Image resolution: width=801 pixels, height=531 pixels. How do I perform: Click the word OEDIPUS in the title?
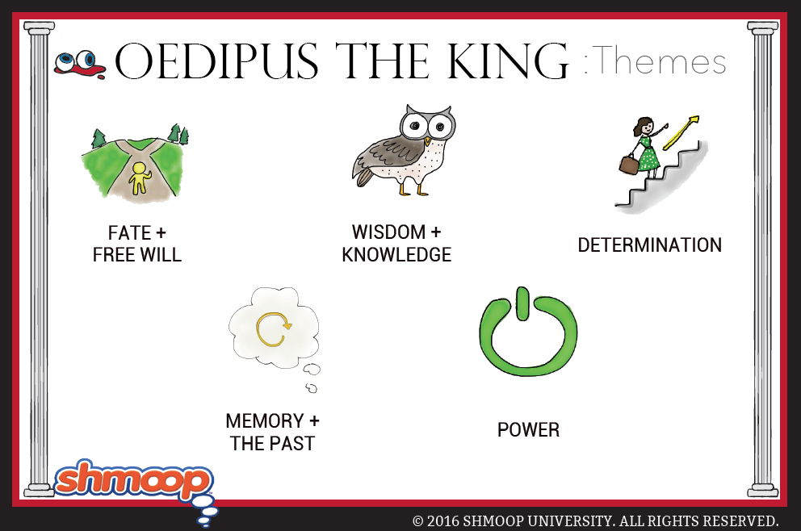(216, 61)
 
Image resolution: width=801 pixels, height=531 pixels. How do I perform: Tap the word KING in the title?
(508, 61)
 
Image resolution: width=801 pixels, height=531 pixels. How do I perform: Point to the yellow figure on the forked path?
(139, 178)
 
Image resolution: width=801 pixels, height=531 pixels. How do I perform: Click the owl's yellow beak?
(428, 141)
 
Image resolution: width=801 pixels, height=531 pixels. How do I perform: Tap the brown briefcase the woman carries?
(629, 164)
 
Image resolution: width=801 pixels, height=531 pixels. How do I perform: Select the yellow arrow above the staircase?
(681, 132)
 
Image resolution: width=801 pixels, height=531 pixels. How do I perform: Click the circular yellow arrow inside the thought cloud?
(273, 329)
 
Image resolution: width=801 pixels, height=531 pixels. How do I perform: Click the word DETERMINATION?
(650, 245)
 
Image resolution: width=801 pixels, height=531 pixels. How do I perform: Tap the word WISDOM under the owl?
(388, 232)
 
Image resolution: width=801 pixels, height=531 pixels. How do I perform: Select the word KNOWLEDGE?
(396, 254)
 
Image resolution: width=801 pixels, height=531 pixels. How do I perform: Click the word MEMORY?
(265, 421)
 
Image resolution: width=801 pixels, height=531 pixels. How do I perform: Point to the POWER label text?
(528, 430)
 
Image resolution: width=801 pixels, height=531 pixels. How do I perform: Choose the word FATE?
(129, 233)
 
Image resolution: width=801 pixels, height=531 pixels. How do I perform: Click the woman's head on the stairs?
(644, 125)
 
